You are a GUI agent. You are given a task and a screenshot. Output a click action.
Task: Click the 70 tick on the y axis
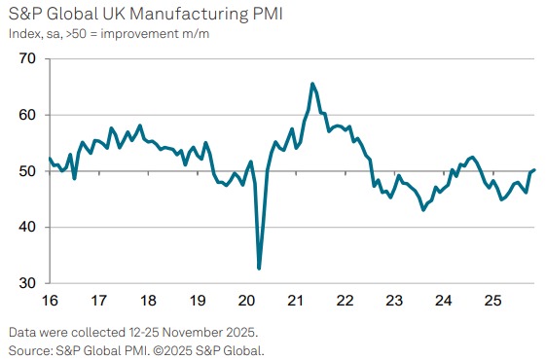(x=26, y=59)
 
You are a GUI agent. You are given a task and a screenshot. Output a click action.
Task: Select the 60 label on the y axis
(x=26, y=115)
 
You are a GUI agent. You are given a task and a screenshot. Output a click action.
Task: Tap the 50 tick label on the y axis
(x=26, y=171)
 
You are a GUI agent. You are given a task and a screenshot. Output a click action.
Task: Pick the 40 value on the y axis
(x=26, y=228)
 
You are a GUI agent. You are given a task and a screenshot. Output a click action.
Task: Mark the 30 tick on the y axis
(x=26, y=283)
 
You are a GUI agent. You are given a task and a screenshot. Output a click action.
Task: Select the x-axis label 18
(x=148, y=301)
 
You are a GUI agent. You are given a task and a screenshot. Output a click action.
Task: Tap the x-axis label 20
(x=246, y=301)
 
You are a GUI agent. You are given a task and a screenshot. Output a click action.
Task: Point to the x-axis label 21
(x=295, y=301)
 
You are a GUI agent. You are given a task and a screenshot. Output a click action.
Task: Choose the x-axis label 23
(x=393, y=301)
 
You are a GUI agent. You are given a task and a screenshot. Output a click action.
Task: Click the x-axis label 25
(x=491, y=301)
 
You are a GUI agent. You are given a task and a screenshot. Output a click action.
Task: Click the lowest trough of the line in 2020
(x=259, y=268)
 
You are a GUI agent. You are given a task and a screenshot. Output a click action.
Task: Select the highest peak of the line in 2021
(x=312, y=84)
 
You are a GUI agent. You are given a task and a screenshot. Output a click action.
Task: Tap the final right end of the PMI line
(x=535, y=170)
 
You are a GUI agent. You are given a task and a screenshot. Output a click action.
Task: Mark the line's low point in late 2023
(x=422, y=209)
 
